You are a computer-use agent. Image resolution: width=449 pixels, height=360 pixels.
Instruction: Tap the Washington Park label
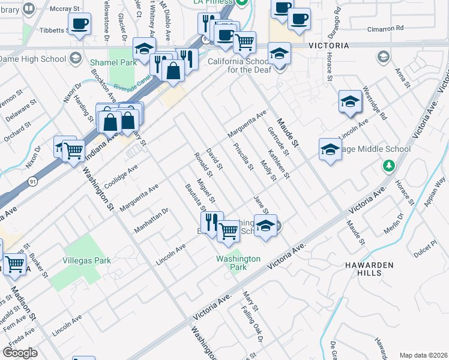(x=238, y=263)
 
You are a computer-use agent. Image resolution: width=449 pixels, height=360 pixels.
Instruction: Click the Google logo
(x=20, y=353)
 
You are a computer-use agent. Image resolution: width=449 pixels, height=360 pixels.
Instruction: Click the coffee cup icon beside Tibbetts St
(x=79, y=25)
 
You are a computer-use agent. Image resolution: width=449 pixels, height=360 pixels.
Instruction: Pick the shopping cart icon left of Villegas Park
(x=14, y=263)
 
